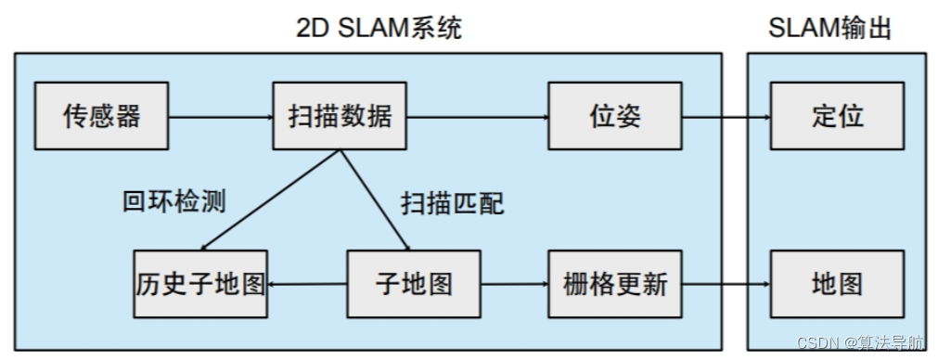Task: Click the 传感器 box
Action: (x=101, y=116)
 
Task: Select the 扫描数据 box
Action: (x=341, y=116)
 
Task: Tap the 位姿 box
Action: (x=615, y=116)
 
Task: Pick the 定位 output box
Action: (x=837, y=116)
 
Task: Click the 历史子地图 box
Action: (x=200, y=284)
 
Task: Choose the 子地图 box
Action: (x=415, y=284)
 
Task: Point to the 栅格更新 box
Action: (x=615, y=284)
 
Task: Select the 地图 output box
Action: (x=837, y=284)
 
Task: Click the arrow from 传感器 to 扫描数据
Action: (x=221, y=117)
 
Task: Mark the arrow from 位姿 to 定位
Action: (x=726, y=117)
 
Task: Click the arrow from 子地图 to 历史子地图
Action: (x=307, y=285)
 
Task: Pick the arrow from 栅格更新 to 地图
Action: (x=726, y=285)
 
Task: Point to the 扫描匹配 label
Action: (x=453, y=203)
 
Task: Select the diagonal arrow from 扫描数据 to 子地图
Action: (x=375, y=199)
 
